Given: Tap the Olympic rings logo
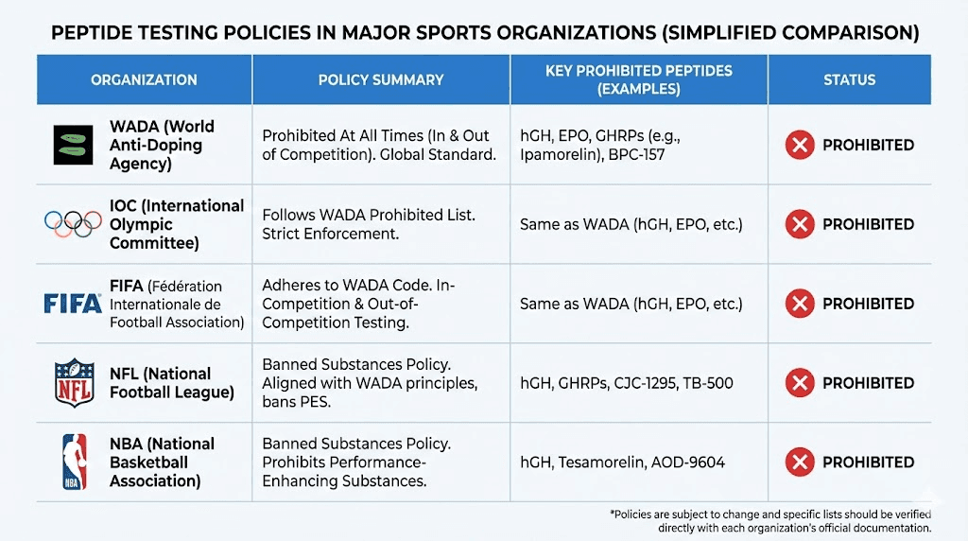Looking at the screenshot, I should click(73, 224).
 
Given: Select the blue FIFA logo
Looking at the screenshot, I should click(73, 304).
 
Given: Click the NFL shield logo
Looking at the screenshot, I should click(74, 382).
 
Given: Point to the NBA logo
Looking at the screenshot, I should click(74, 462).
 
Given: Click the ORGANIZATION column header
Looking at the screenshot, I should click(144, 79).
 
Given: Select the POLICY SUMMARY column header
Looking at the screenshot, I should click(381, 79).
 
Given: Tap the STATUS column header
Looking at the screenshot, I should click(849, 79).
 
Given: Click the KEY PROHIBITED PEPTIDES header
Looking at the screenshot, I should click(639, 79).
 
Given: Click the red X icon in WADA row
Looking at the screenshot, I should click(800, 145).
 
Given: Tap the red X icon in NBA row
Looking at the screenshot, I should click(800, 462).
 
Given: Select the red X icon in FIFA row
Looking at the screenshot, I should click(800, 304).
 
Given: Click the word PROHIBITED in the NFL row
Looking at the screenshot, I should click(868, 383).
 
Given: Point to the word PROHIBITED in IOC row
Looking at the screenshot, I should click(868, 224).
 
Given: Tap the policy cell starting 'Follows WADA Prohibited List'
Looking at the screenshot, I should click(381, 224).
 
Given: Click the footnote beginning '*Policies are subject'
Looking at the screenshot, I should click(770, 520).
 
